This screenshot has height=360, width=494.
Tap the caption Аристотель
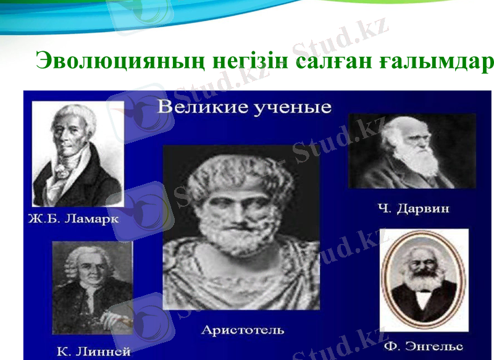point(243,330)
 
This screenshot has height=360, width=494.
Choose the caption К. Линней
point(93,352)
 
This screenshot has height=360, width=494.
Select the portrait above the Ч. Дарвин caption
point(412,151)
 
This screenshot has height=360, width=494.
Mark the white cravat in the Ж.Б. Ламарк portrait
point(64,173)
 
